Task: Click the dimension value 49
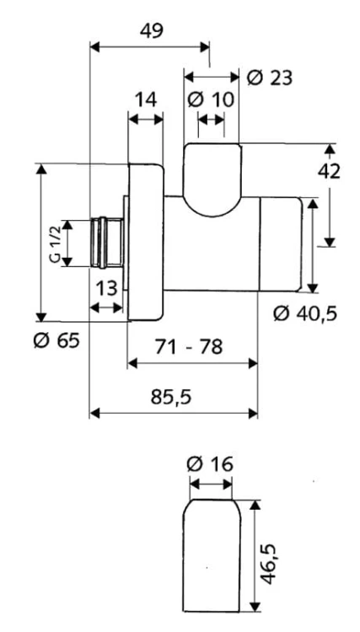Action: pos(152,30)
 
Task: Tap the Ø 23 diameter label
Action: pos(270,78)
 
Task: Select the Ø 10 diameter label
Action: pos(211,99)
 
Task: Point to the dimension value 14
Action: pos(146,99)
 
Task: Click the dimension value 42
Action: pos(329,172)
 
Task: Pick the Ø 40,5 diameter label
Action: pos(305,313)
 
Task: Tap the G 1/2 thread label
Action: pos(56,244)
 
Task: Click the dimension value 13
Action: pos(106,288)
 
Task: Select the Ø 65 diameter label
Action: pos(56,341)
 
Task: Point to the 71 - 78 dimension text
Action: pos(189,346)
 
